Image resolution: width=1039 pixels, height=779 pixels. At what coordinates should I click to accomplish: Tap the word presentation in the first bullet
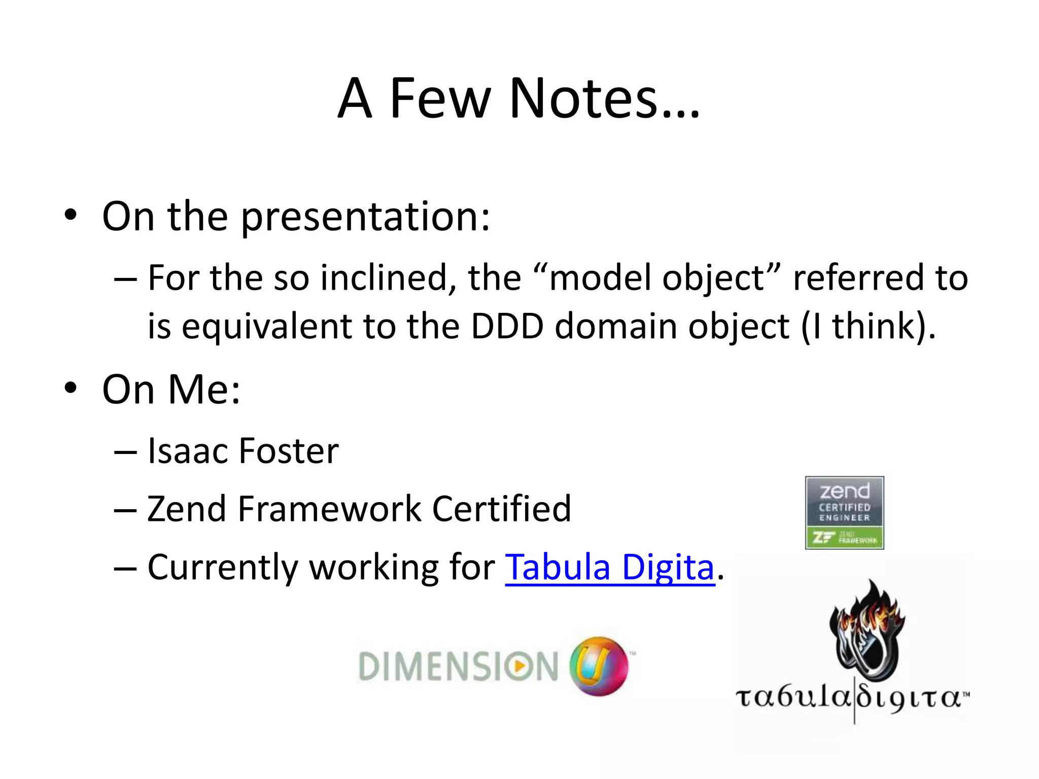click(365, 217)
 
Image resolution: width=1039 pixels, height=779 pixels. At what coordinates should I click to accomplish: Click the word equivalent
click(266, 327)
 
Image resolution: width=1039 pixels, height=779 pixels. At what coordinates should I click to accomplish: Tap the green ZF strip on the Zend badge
click(844, 538)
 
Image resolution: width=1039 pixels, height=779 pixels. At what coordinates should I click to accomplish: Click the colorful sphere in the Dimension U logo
click(599, 665)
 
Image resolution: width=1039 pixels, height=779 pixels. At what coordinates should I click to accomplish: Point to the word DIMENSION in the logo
click(458, 666)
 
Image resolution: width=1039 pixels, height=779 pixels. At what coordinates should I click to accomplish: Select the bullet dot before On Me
click(71, 388)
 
